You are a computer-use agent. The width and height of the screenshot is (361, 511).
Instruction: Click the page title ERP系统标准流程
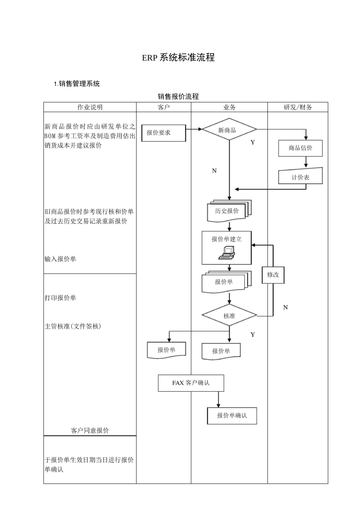click(x=178, y=57)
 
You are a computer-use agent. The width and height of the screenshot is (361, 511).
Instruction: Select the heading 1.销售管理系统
click(x=77, y=84)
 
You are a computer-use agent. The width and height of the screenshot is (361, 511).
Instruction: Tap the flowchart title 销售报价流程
click(x=178, y=97)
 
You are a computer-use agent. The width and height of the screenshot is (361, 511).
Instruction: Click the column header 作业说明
click(x=90, y=107)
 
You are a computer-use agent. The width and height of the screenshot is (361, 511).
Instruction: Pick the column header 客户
click(x=163, y=107)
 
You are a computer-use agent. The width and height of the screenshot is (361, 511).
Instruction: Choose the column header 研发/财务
click(x=298, y=107)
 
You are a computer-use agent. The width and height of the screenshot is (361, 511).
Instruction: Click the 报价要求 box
click(x=163, y=133)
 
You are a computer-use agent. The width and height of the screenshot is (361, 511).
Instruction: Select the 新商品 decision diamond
click(x=229, y=130)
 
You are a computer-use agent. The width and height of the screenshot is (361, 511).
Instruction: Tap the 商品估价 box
click(x=300, y=148)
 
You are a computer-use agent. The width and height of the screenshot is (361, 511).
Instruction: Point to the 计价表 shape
click(x=300, y=177)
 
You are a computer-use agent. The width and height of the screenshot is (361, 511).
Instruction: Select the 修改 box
click(x=273, y=275)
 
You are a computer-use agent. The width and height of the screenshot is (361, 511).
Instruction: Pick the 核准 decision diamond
click(x=229, y=316)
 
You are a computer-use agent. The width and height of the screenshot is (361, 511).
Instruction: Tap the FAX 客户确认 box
click(x=191, y=383)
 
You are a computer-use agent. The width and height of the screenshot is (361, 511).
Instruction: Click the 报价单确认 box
click(x=232, y=416)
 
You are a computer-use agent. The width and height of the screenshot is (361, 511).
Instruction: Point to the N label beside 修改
click(x=286, y=307)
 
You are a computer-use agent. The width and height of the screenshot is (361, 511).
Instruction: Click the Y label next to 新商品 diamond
click(x=253, y=142)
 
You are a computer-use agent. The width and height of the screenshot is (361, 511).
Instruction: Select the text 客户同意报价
click(x=90, y=430)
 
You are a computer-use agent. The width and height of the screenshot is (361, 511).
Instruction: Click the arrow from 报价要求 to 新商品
click(x=194, y=129)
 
